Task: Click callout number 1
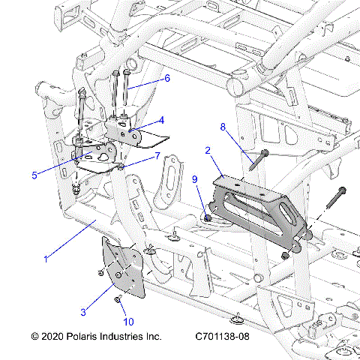click(x=46, y=259)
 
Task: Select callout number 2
click(x=207, y=151)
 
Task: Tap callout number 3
click(x=84, y=310)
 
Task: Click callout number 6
click(x=167, y=78)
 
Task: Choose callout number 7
click(x=157, y=155)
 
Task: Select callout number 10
click(x=128, y=321)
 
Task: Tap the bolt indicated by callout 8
click(x=255, y=162)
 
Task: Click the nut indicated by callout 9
click(x=205, y=218)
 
